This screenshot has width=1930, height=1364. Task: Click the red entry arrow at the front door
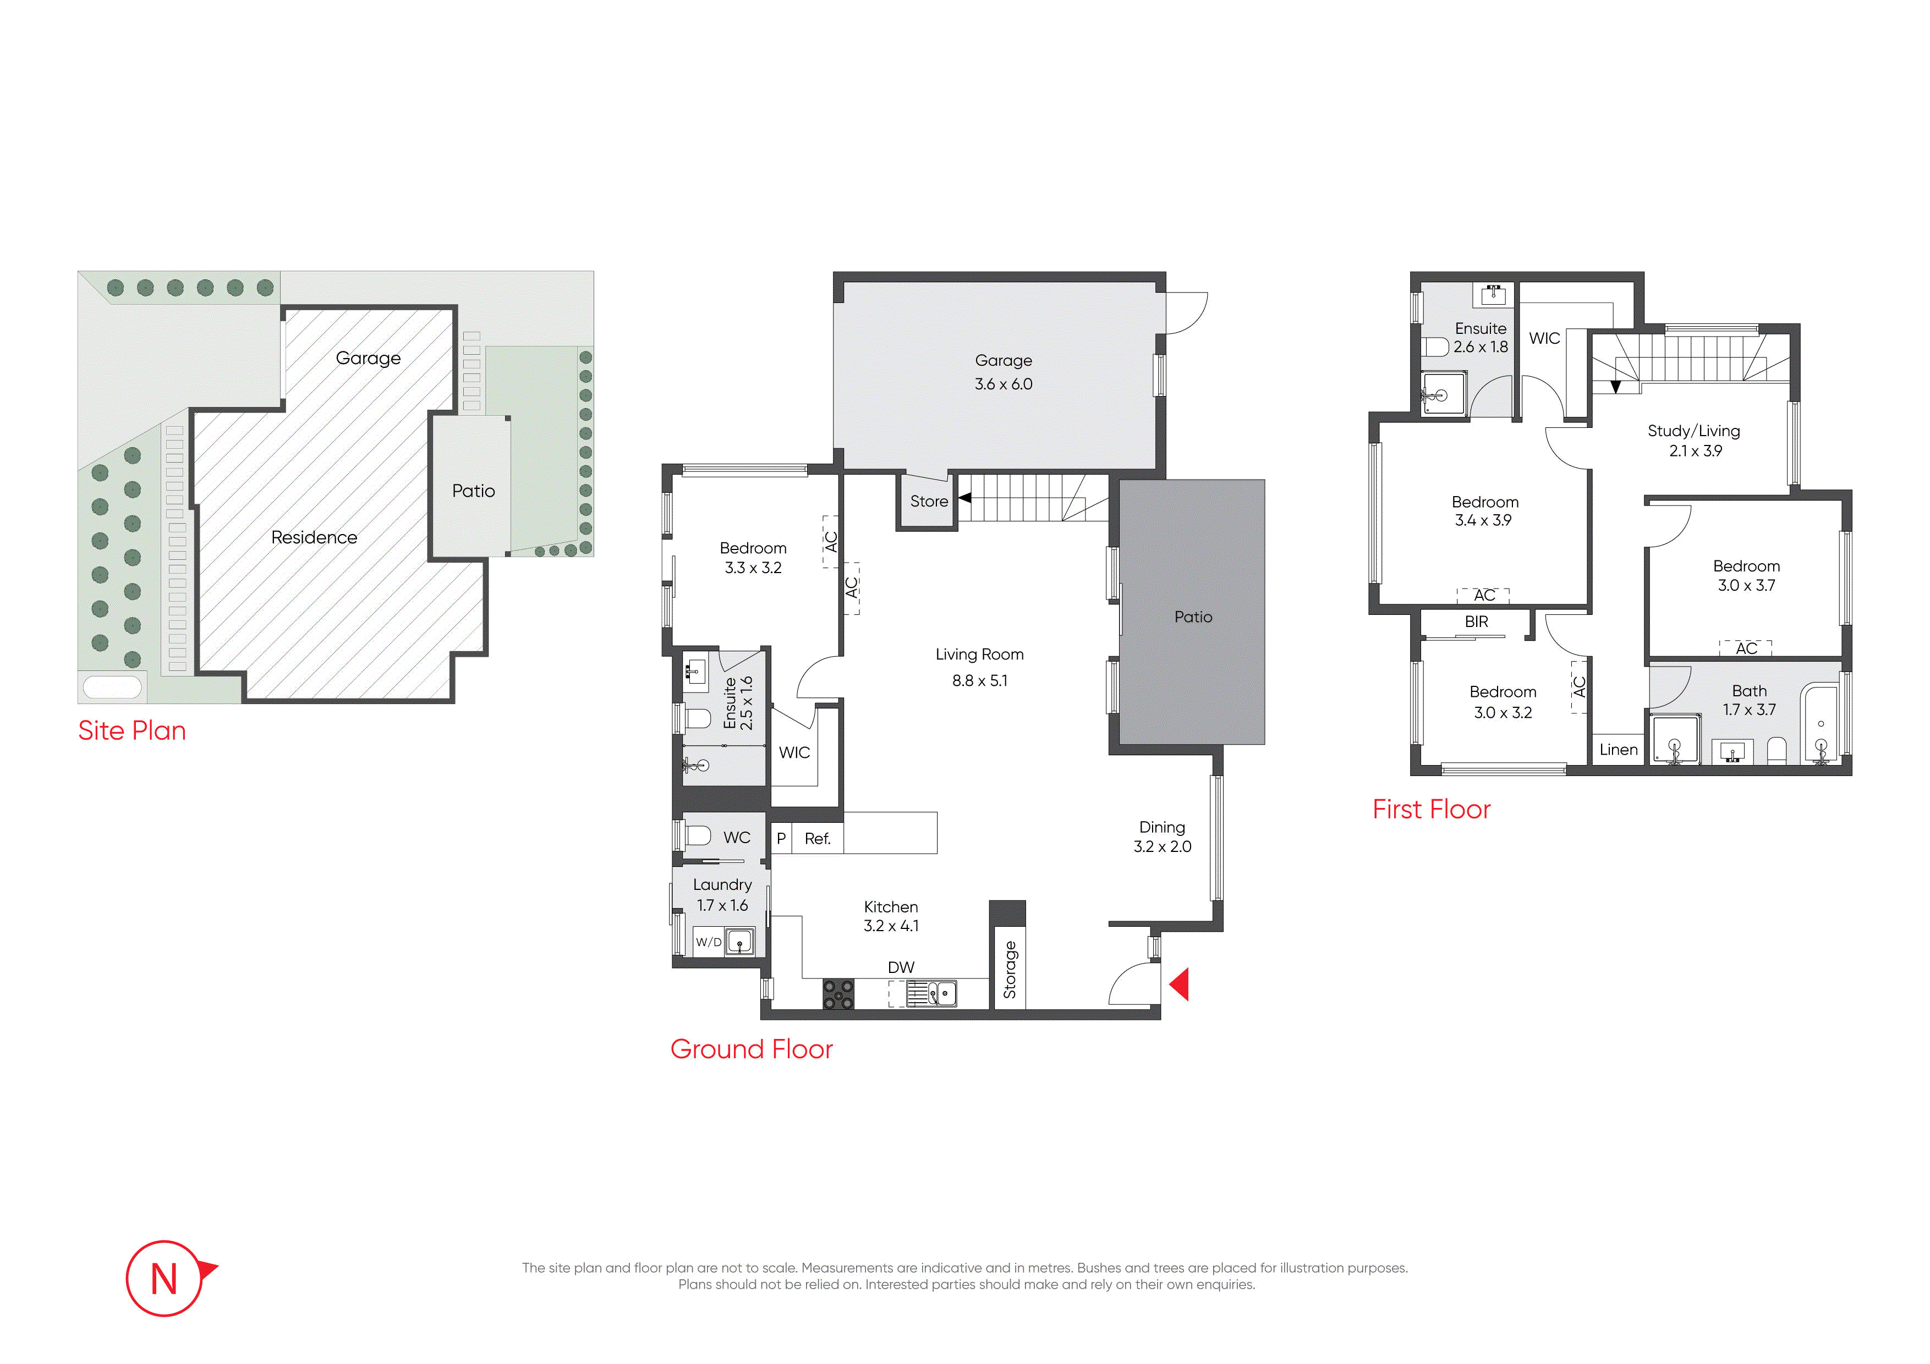pyautogui.click(x=1180, y=984)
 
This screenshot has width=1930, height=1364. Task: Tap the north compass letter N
pyautogui.click(x=164, y=1279)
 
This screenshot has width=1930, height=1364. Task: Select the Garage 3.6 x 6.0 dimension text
pyautogui.click(x=1004, y=384)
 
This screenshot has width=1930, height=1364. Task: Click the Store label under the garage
pyautogui.click(x=929, y=501)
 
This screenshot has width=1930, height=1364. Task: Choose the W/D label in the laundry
pyautogui.click(x=709, y=942)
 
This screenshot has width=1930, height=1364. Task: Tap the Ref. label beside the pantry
pyautogui.click(x=817, y=839)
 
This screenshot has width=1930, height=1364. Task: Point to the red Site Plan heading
pyautogui.click(x=132, y=730)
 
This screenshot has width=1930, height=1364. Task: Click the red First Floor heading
pyautogui.click(x=1432, y=809)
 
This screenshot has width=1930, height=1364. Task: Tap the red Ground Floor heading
pyautogui.click(x=752, y=1049)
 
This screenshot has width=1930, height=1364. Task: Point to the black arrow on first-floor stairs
pyautogui.click(x=1616, y=387)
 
